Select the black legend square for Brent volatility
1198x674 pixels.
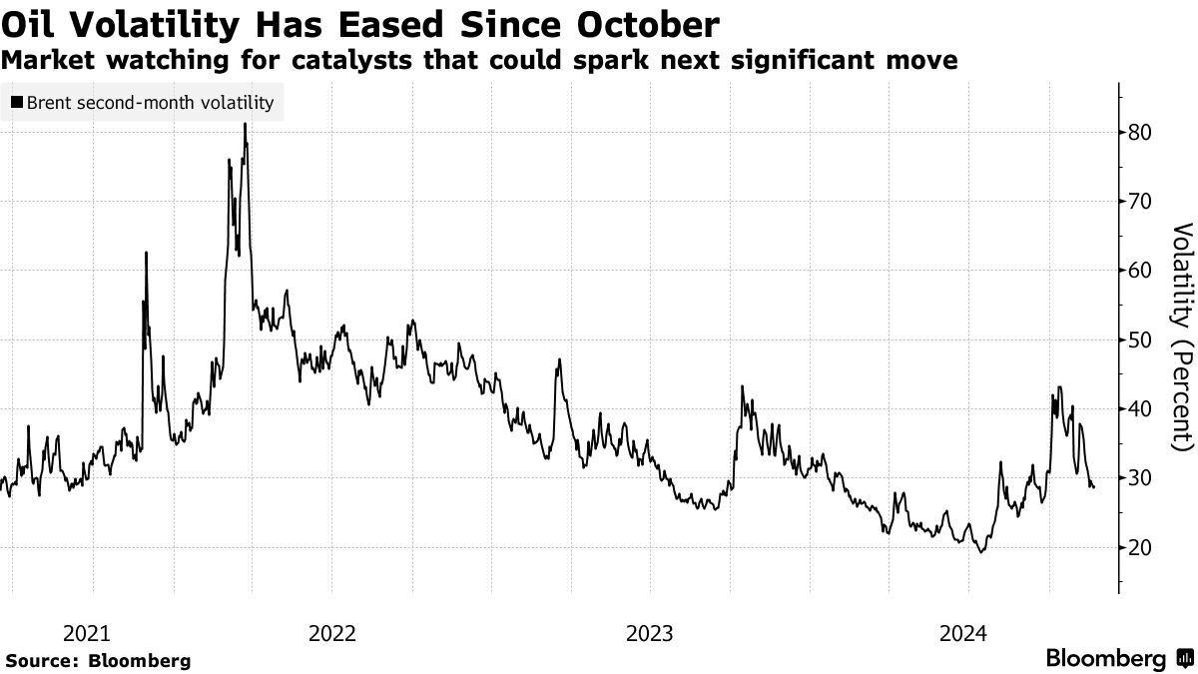click(17, 102)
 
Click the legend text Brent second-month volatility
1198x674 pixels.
click(150, 102)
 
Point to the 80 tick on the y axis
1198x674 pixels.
click(1141, 132)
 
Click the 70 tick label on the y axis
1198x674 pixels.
click(1141, 202)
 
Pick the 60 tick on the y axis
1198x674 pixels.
click(1141, 271)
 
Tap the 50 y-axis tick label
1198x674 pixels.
click(1141, 339)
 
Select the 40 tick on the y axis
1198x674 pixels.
click(1141, 409)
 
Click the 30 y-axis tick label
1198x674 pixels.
click(1141, 478)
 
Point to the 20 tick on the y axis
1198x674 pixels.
click(1141, 547)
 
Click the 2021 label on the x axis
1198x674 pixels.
click(86, 633)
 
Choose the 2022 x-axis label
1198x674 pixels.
click(332, 633)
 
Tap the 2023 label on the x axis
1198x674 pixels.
click(650, 633)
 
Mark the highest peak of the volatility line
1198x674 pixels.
click(245, 124)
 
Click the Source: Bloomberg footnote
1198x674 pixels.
click(98, 661)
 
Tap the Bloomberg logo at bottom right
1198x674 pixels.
click(1118, 659)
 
